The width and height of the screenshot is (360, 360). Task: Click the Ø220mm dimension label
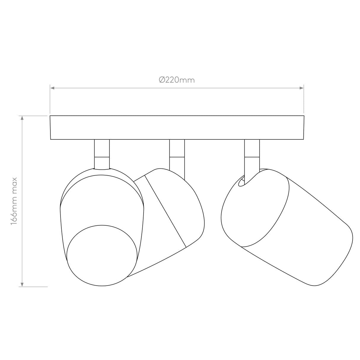[x=177, y=80]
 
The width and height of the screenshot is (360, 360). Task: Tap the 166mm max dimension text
[x=14, y=201]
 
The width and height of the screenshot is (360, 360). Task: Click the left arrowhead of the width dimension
[x=52, y=88]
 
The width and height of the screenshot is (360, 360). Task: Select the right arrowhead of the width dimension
[x=301, y=88]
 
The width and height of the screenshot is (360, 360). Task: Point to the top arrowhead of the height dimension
[x=22, y=118]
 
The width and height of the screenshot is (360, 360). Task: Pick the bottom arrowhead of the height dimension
[x=22, y=284]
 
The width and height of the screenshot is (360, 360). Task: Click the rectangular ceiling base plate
[x=177, y=128]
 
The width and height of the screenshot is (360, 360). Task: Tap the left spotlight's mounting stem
[x=102, y=154]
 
